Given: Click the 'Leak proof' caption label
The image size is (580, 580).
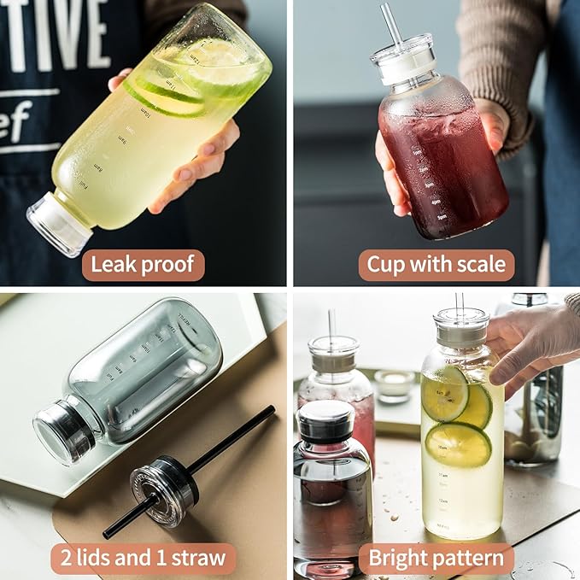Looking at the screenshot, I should [x=144, y=266].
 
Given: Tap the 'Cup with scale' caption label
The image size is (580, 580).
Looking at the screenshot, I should [x=436, y=266].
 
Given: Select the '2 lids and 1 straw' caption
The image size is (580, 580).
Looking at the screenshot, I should [x=143, y=559].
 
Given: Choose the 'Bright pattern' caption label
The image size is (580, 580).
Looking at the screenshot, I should [x=436, y=559].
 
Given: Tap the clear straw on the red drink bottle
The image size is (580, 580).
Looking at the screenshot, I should [x=392, y=26].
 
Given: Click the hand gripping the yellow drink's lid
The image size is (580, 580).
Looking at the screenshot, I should [x=530, y=342].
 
